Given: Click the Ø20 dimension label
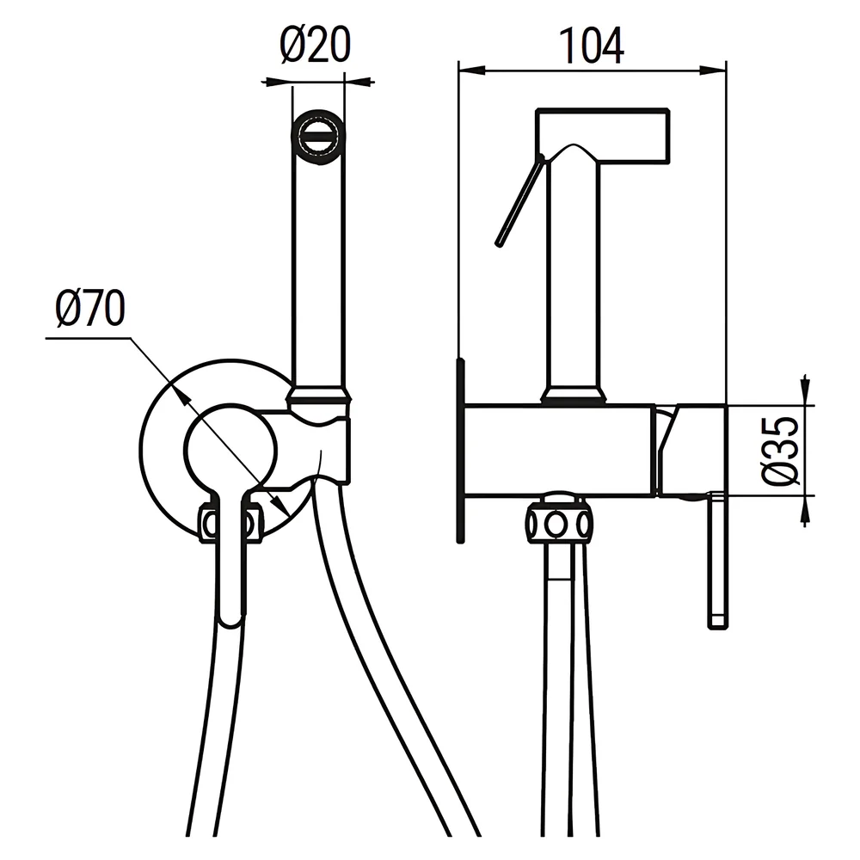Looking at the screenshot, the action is coord(315,45).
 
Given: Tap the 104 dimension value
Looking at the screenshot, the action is coord(592,46).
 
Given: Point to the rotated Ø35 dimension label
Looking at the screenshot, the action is coord(780,451).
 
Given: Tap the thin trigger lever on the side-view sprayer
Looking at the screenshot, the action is coord(519,200).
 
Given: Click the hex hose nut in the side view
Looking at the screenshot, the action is coord(558,523).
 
